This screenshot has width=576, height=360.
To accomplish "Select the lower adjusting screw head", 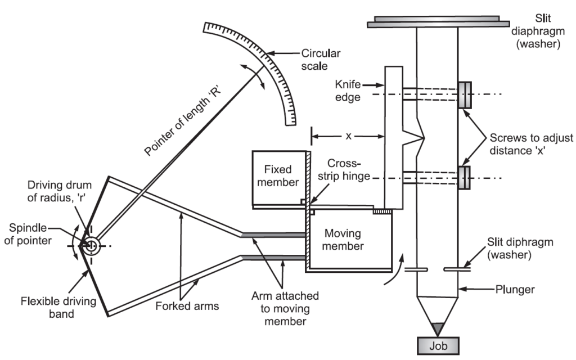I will tap(465, 178).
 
